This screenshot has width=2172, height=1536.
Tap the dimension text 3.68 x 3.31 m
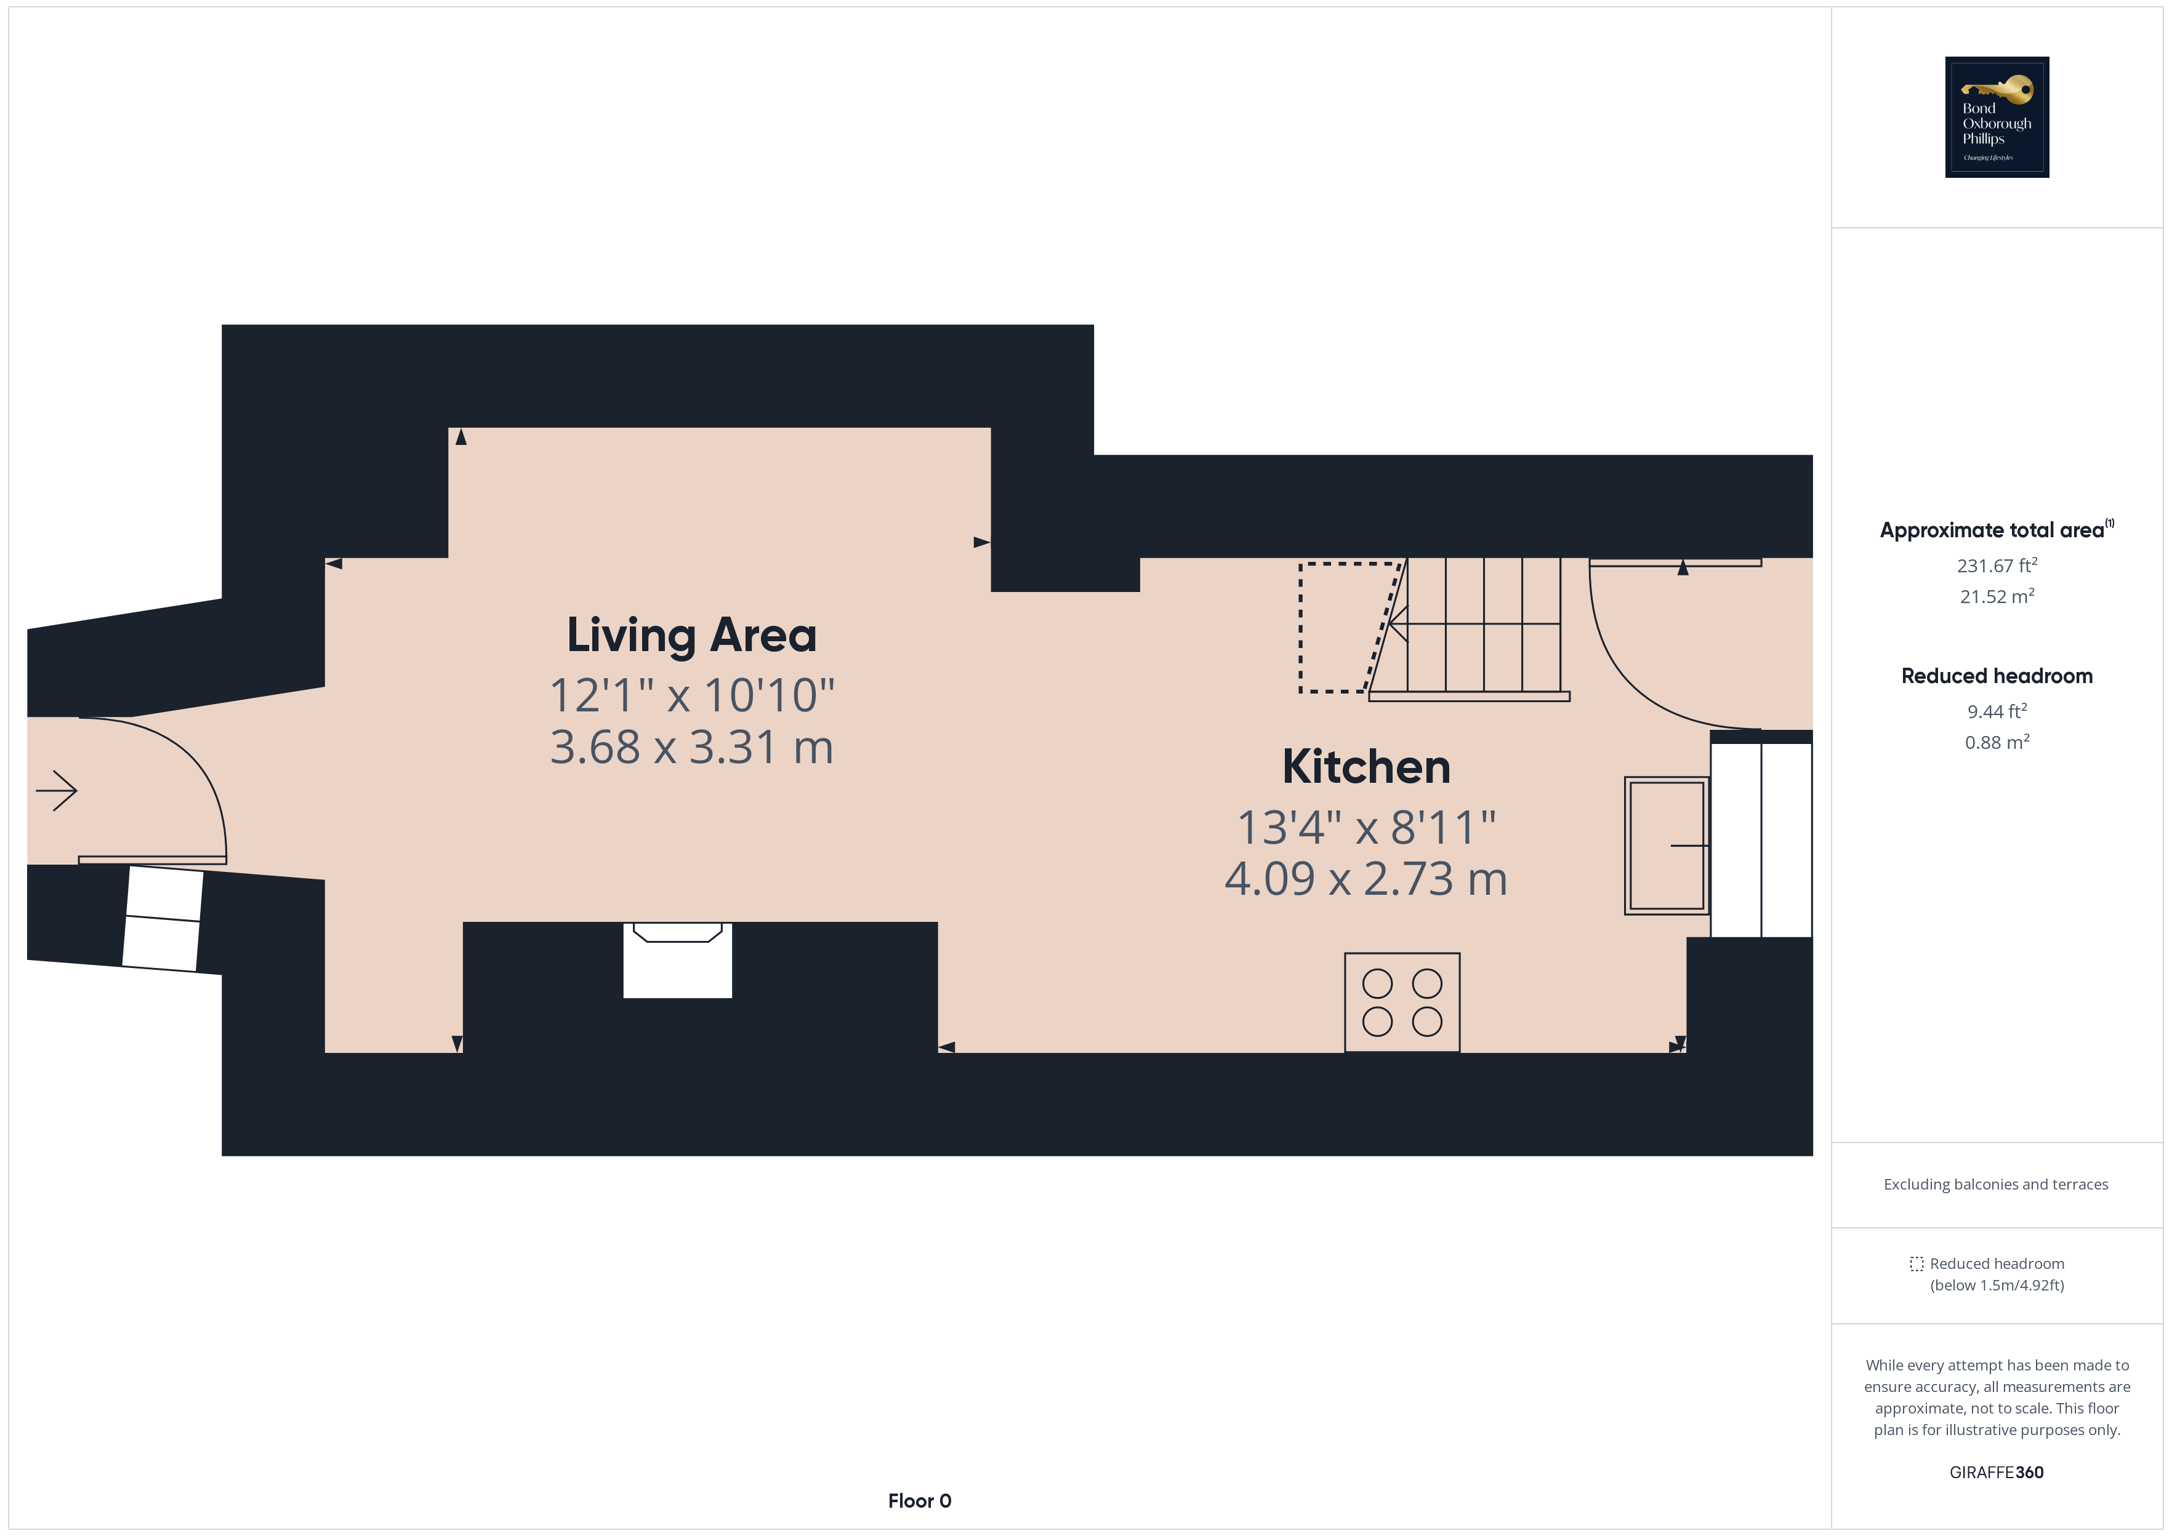[x=691, y=747]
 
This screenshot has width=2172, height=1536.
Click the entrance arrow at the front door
[x=57, y=791]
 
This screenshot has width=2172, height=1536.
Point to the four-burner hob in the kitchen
[x=1402, y=1002]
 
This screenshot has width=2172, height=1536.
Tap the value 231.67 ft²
[x=1996, y=566]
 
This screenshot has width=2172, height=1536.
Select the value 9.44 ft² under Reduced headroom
[x=1996, y=711]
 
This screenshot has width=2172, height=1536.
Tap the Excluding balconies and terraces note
[x=1996, y=1184]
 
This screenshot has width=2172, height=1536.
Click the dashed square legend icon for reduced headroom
[x=1917, y=1263]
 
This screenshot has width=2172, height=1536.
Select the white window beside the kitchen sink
[x=1761, y=840]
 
